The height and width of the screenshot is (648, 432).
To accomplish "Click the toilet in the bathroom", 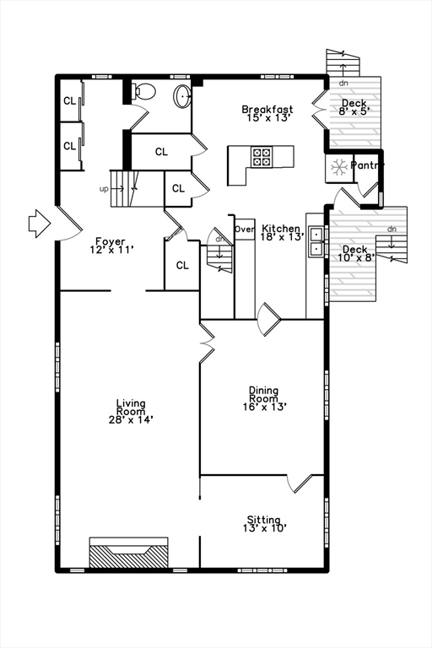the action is pos(143,91).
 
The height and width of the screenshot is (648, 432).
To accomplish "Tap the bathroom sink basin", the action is pos(182,96).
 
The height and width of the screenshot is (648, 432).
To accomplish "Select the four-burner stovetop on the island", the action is pos(262,158).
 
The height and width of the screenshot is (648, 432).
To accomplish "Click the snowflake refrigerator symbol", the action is pos(339,167).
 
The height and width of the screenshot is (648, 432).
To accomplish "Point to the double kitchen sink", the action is pos(316,242).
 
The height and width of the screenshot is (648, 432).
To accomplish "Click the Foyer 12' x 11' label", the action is pos(111,245).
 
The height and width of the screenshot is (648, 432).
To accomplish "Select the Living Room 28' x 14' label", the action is pos(131,411).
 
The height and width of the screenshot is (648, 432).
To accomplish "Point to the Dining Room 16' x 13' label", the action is pos(265,398).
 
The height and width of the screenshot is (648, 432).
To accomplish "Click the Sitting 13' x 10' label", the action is pos(265,524).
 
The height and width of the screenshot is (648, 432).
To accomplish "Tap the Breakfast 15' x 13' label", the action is pos(267,113).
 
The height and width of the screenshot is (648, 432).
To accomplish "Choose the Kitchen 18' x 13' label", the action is pos(283,232).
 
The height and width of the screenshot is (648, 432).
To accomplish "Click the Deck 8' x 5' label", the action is pos(354,107).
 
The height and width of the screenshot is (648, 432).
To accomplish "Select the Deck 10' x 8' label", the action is pos(355,253).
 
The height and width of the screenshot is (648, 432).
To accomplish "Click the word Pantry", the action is pos(367,165).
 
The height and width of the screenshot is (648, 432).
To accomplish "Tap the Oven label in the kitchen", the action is pos(245,229).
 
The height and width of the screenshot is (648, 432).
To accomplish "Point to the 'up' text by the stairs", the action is pos(104,189).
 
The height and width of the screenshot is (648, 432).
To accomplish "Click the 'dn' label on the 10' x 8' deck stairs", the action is pos(391,229).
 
